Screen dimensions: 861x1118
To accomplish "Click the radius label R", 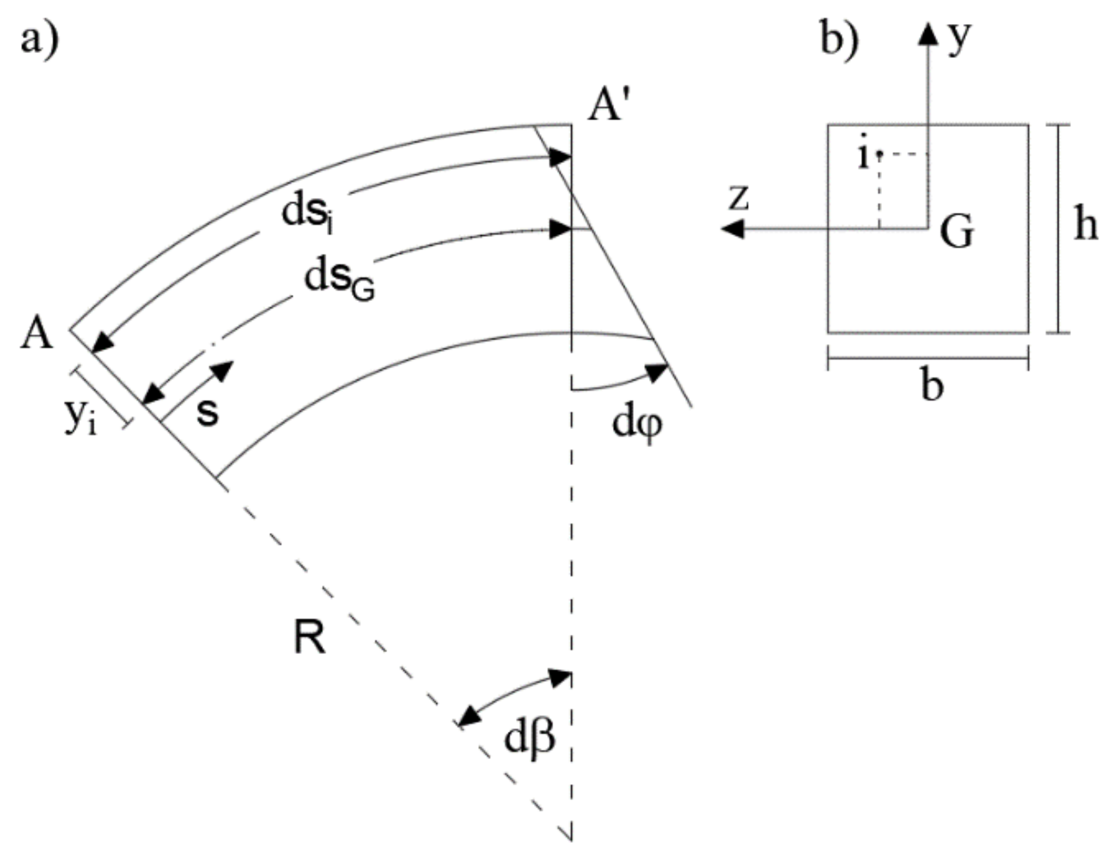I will point(309,638).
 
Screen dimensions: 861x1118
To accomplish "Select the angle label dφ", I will point(637,424).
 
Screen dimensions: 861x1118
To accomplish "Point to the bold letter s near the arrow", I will point(208,413).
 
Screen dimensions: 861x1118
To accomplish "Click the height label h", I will point(1086,226).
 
